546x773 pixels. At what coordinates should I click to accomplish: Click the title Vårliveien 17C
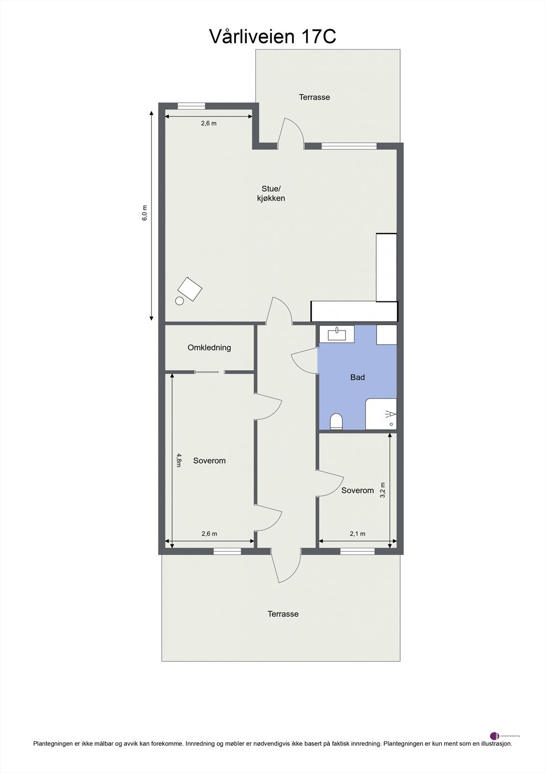pos(272,37)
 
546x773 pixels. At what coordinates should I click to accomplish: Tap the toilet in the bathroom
pos(336,421)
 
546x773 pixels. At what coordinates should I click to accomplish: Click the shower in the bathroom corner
pos(381,414)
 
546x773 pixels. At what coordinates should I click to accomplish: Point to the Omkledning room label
pos(209,347)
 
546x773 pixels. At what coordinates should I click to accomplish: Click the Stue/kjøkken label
pos(271,193)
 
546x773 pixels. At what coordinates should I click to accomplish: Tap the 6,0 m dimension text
pos(144,213)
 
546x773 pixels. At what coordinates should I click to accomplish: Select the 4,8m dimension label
pos(179,460)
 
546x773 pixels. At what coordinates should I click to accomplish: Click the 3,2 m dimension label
pos(383,490)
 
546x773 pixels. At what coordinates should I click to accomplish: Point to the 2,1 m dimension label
pos(357,534)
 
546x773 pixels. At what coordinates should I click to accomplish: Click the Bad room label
pos(357,377)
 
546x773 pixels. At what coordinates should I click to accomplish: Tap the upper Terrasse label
pos(314,97)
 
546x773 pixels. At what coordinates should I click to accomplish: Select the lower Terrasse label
pos(283,614)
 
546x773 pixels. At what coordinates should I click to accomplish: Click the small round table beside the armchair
pos(179,301)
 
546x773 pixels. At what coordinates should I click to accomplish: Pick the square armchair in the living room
pos(190,289)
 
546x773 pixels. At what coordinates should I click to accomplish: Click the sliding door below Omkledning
pos(210,372)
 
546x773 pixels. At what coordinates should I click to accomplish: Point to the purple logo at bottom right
pos(494,736)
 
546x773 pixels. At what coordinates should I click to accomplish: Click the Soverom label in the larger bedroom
pos(209,461)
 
